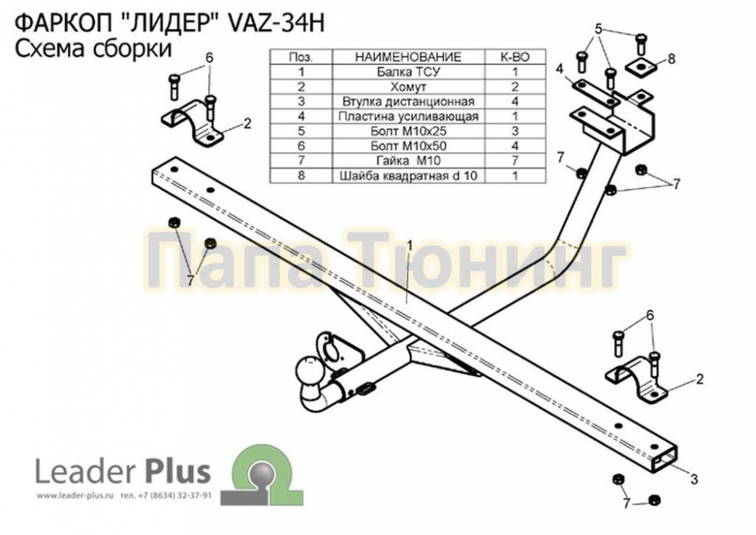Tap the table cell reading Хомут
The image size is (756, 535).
click(x=408, y=87)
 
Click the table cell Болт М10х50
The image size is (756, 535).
click(x=408, y=146)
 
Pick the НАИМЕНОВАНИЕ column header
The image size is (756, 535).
click(x=408, y=57)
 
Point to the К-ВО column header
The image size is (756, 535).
click(x=514, y=57)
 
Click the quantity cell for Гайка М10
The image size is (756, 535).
click(x=514, y=160)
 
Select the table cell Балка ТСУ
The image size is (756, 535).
click(x=408, y=72)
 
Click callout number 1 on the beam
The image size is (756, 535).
click(x=409, y=245)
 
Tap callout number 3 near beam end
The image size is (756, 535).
click(x=694, y=479)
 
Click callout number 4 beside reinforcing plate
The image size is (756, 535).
click(x=559, y=69)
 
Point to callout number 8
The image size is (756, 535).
click(x=671, y=59)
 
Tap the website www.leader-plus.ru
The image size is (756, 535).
click(x=75, y=496)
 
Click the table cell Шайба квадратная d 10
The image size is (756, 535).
click(x=408, y=175)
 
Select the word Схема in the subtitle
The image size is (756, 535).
click(x=45, y=48)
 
